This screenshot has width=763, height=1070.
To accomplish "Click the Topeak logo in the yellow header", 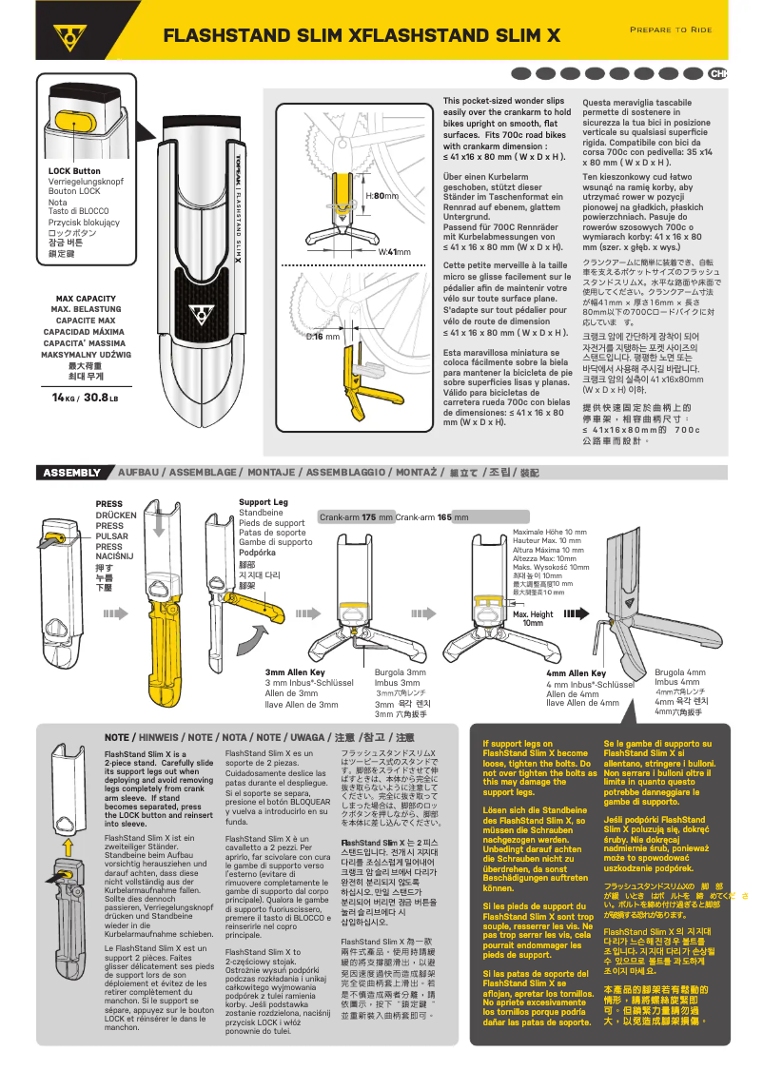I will [68, 36].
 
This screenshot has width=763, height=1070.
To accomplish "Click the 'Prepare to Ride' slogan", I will [671, 29].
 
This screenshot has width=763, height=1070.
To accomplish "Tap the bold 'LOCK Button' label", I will [74, 171].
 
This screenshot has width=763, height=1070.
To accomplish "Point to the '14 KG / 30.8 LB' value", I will [86, 398].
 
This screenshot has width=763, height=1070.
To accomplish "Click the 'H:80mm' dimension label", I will [382, 196].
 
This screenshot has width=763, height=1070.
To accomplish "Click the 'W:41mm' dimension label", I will [395, 251].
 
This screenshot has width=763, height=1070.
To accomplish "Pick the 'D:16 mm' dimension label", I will [323, 337].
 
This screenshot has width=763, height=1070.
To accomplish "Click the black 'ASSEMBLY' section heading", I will [72, 473].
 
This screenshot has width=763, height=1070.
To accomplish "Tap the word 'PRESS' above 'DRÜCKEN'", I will [109, 504].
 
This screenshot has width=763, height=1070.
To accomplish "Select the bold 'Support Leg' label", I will [263, 501].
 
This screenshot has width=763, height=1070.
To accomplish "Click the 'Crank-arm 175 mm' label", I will [356, 517].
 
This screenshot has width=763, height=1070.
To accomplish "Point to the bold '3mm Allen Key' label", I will [295, 672].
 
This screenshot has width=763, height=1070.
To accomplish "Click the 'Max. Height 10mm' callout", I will [533, 618].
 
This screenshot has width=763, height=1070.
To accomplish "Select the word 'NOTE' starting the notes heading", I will [117, 737].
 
